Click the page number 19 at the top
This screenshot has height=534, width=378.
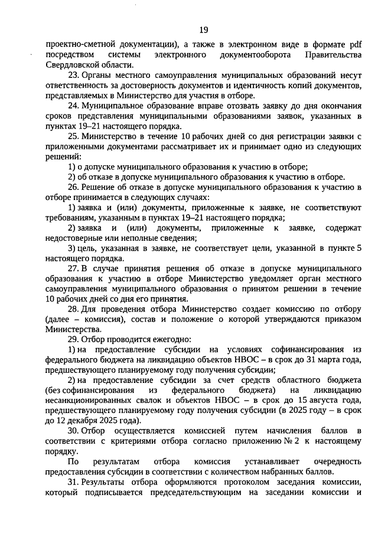tap(204, 30)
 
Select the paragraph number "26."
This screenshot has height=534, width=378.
tap(74, 188)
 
